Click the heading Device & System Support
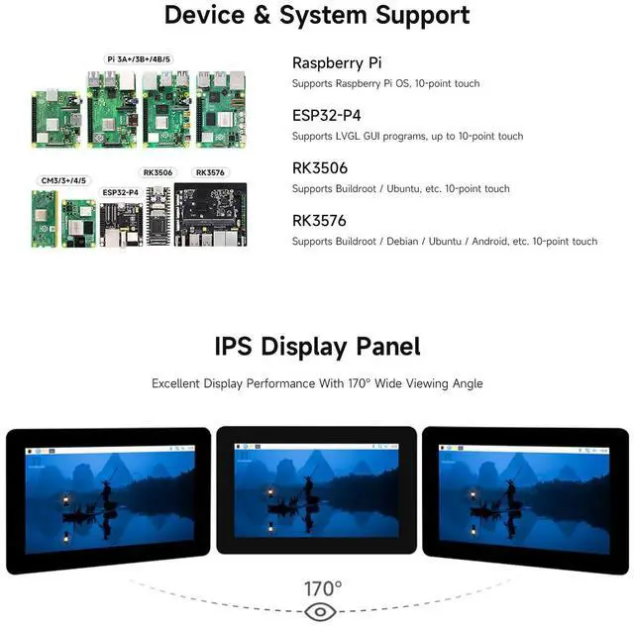click(317, 16)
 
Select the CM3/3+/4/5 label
click(62, 180)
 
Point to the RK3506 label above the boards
click(158, 172)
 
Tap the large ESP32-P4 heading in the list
click(326, 115)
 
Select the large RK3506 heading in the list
click(319, 167)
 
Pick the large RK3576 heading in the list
click(319, 220)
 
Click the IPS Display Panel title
click(317, 347)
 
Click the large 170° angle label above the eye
click(323, 588)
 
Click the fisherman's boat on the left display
click(92, 507)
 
